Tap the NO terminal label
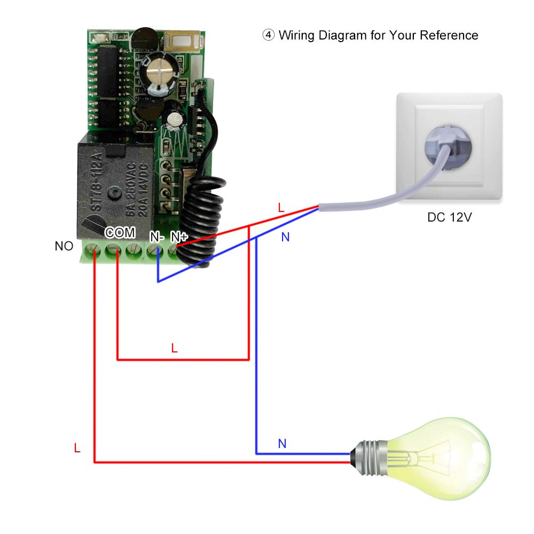pos(64,246)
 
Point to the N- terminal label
pos(156,235)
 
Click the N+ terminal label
pos(179,235)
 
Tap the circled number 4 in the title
pos(268,35)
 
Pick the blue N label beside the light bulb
pos(282,443)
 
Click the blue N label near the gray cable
pos(285,237)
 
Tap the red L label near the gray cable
pos(281,208)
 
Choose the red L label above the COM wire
pos(174,348)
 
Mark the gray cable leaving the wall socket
pos(374,200)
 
